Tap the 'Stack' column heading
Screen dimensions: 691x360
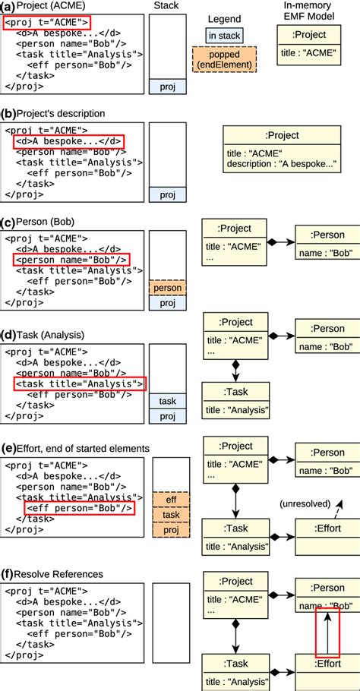pos(166,6)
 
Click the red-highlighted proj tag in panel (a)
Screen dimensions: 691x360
pos(46,22)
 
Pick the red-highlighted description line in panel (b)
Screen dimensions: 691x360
pos(68,142)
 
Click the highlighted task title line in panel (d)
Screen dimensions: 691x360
pos(78,384)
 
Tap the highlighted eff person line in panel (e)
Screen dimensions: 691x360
pos(79,507)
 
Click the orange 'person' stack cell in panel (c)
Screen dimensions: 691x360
pos(167,289)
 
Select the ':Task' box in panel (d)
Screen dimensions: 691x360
pos(235,402)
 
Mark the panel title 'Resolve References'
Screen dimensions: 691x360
pos(52,574)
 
